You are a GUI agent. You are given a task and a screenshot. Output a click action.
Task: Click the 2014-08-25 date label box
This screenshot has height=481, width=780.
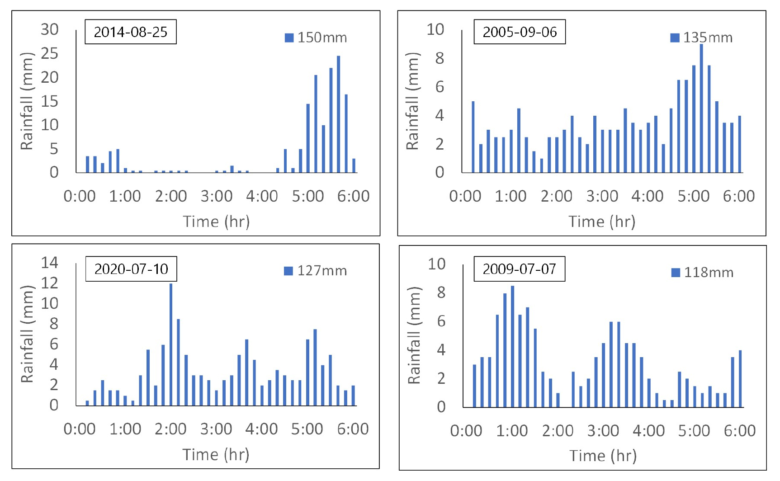click(131, 32)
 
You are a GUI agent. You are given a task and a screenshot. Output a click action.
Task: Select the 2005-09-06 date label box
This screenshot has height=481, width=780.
click(520, 32)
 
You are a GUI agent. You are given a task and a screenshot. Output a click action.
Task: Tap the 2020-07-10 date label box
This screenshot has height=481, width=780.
click(131, 269)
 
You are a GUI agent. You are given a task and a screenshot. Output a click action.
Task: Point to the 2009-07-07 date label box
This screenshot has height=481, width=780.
click(519, 269)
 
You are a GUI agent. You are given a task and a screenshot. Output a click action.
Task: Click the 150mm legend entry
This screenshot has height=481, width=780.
click(316, 38)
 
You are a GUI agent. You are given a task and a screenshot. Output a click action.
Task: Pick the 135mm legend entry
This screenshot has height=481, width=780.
click(702, 38)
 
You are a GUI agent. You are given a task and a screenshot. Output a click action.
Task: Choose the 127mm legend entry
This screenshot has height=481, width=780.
click(316, 271)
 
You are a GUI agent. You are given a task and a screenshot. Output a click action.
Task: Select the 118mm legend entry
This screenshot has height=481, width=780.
click(703, 273)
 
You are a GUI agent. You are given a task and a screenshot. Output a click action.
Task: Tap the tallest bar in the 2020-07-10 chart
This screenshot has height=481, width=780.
click(171, 344)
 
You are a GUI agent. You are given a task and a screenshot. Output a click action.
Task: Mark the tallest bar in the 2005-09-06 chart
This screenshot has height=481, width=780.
click(701, 108)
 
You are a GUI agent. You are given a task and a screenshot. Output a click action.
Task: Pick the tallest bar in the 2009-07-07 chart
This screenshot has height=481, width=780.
click(512, 346)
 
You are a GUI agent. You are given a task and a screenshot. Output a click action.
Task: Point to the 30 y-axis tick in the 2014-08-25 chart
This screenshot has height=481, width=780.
click(50, 29)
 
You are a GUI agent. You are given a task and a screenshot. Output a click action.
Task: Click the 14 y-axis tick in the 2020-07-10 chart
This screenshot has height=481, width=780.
click(50, 262)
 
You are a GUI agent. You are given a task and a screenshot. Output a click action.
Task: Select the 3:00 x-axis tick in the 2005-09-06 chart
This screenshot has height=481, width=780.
click(602, 196)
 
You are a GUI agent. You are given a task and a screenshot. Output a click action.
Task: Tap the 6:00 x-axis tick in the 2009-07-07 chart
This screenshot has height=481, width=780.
click(740, 431)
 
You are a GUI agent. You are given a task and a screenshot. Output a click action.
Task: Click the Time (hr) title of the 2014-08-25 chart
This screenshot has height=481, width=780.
click(216, 222)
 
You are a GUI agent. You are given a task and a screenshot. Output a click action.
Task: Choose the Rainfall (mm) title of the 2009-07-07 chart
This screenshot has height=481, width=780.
click(414, 335)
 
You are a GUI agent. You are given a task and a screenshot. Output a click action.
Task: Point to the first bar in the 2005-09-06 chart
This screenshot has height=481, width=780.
click(473, 137)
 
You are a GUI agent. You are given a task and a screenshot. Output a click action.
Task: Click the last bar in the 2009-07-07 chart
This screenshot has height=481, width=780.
click(740, 379)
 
